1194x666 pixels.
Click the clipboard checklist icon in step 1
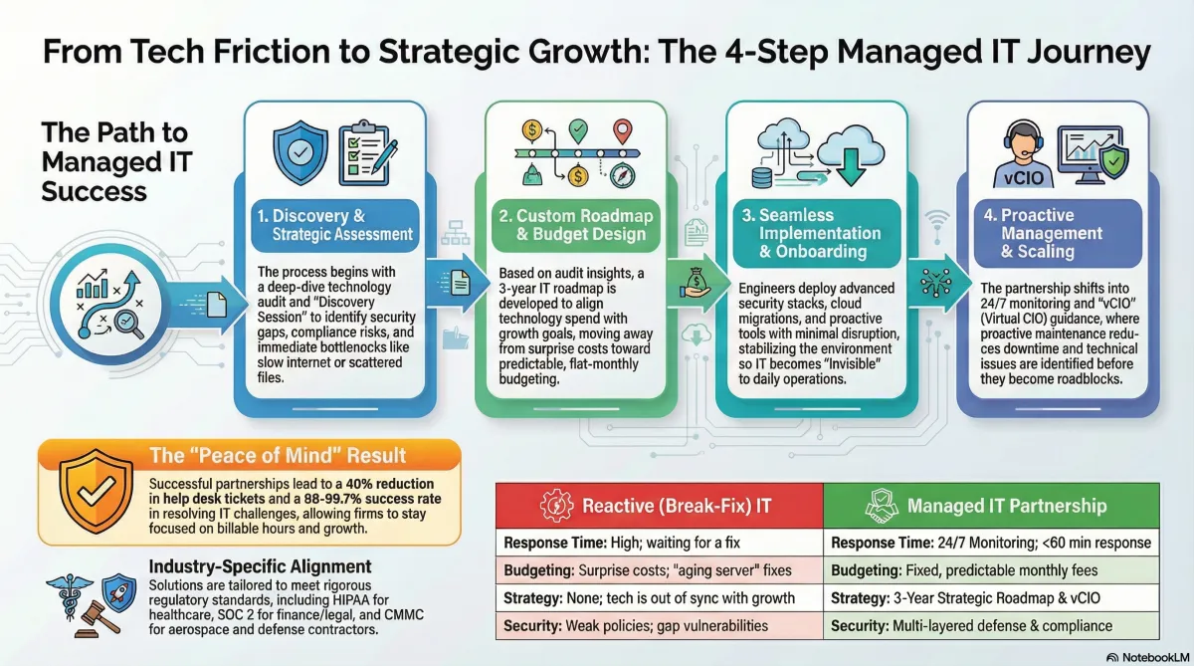point(366,152)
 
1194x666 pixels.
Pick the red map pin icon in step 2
point(624,131)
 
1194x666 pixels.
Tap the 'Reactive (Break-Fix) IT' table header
point(659,506)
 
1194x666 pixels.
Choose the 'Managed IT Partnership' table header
point(991,506)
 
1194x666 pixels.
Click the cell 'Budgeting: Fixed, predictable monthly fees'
point(991,571)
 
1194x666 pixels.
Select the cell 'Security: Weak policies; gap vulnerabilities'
point(659,626)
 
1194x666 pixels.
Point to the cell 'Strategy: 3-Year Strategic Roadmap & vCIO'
point(991,598)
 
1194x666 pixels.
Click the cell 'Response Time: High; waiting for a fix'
point(659,544)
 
